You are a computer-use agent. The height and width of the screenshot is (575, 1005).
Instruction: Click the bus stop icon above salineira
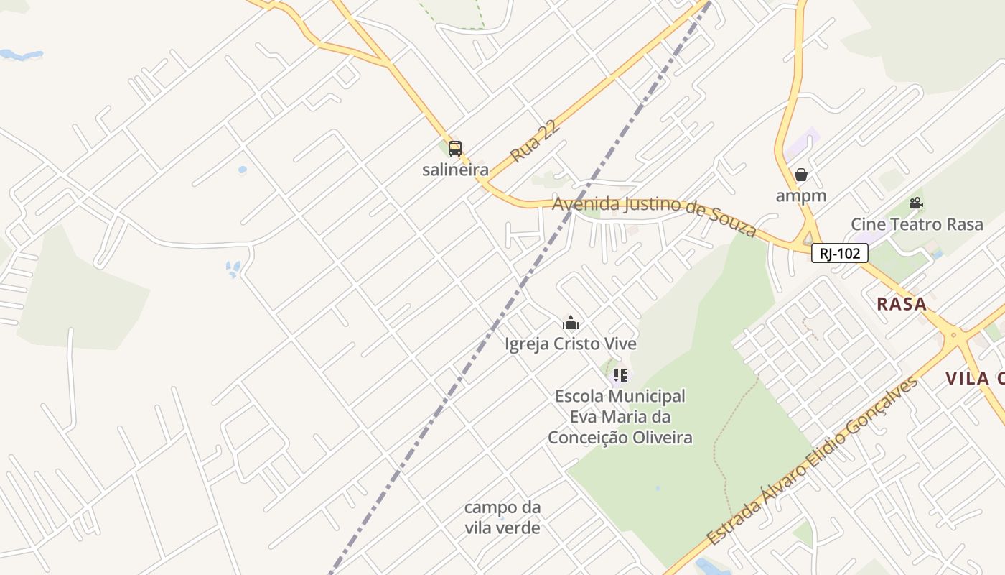point(455,149)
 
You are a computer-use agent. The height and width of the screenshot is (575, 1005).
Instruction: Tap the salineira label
point(455,170)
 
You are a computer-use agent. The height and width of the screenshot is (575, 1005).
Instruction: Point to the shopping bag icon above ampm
point(801,175)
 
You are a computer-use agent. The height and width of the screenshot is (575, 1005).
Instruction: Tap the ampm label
point(801,195)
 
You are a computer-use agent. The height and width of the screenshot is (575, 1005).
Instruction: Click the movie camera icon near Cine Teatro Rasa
point(916,203)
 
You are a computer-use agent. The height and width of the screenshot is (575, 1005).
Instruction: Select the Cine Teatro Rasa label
point(917,224)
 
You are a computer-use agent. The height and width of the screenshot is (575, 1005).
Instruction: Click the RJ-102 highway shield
point(840,253)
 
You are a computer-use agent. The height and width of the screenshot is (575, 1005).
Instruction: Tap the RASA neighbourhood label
point(902,304)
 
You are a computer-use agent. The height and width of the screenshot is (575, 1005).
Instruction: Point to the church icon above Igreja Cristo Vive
point(571,323)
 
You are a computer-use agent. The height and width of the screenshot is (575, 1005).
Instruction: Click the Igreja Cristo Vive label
point(571,344)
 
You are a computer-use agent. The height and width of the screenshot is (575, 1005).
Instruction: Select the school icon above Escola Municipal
point(620,374)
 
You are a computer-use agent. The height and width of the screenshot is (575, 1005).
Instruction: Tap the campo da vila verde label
point(502,517)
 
